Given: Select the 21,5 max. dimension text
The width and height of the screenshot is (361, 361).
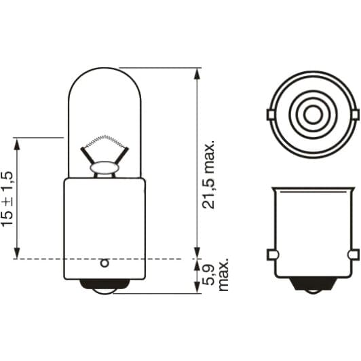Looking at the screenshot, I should point(210,175).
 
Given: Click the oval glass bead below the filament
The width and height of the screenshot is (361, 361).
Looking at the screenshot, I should point(104,165).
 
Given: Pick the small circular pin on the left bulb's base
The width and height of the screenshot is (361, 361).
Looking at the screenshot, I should point(104,262).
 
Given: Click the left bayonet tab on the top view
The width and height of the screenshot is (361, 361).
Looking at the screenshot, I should point(272,113).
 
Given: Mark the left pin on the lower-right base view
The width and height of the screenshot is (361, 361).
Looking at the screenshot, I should point(271,254).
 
